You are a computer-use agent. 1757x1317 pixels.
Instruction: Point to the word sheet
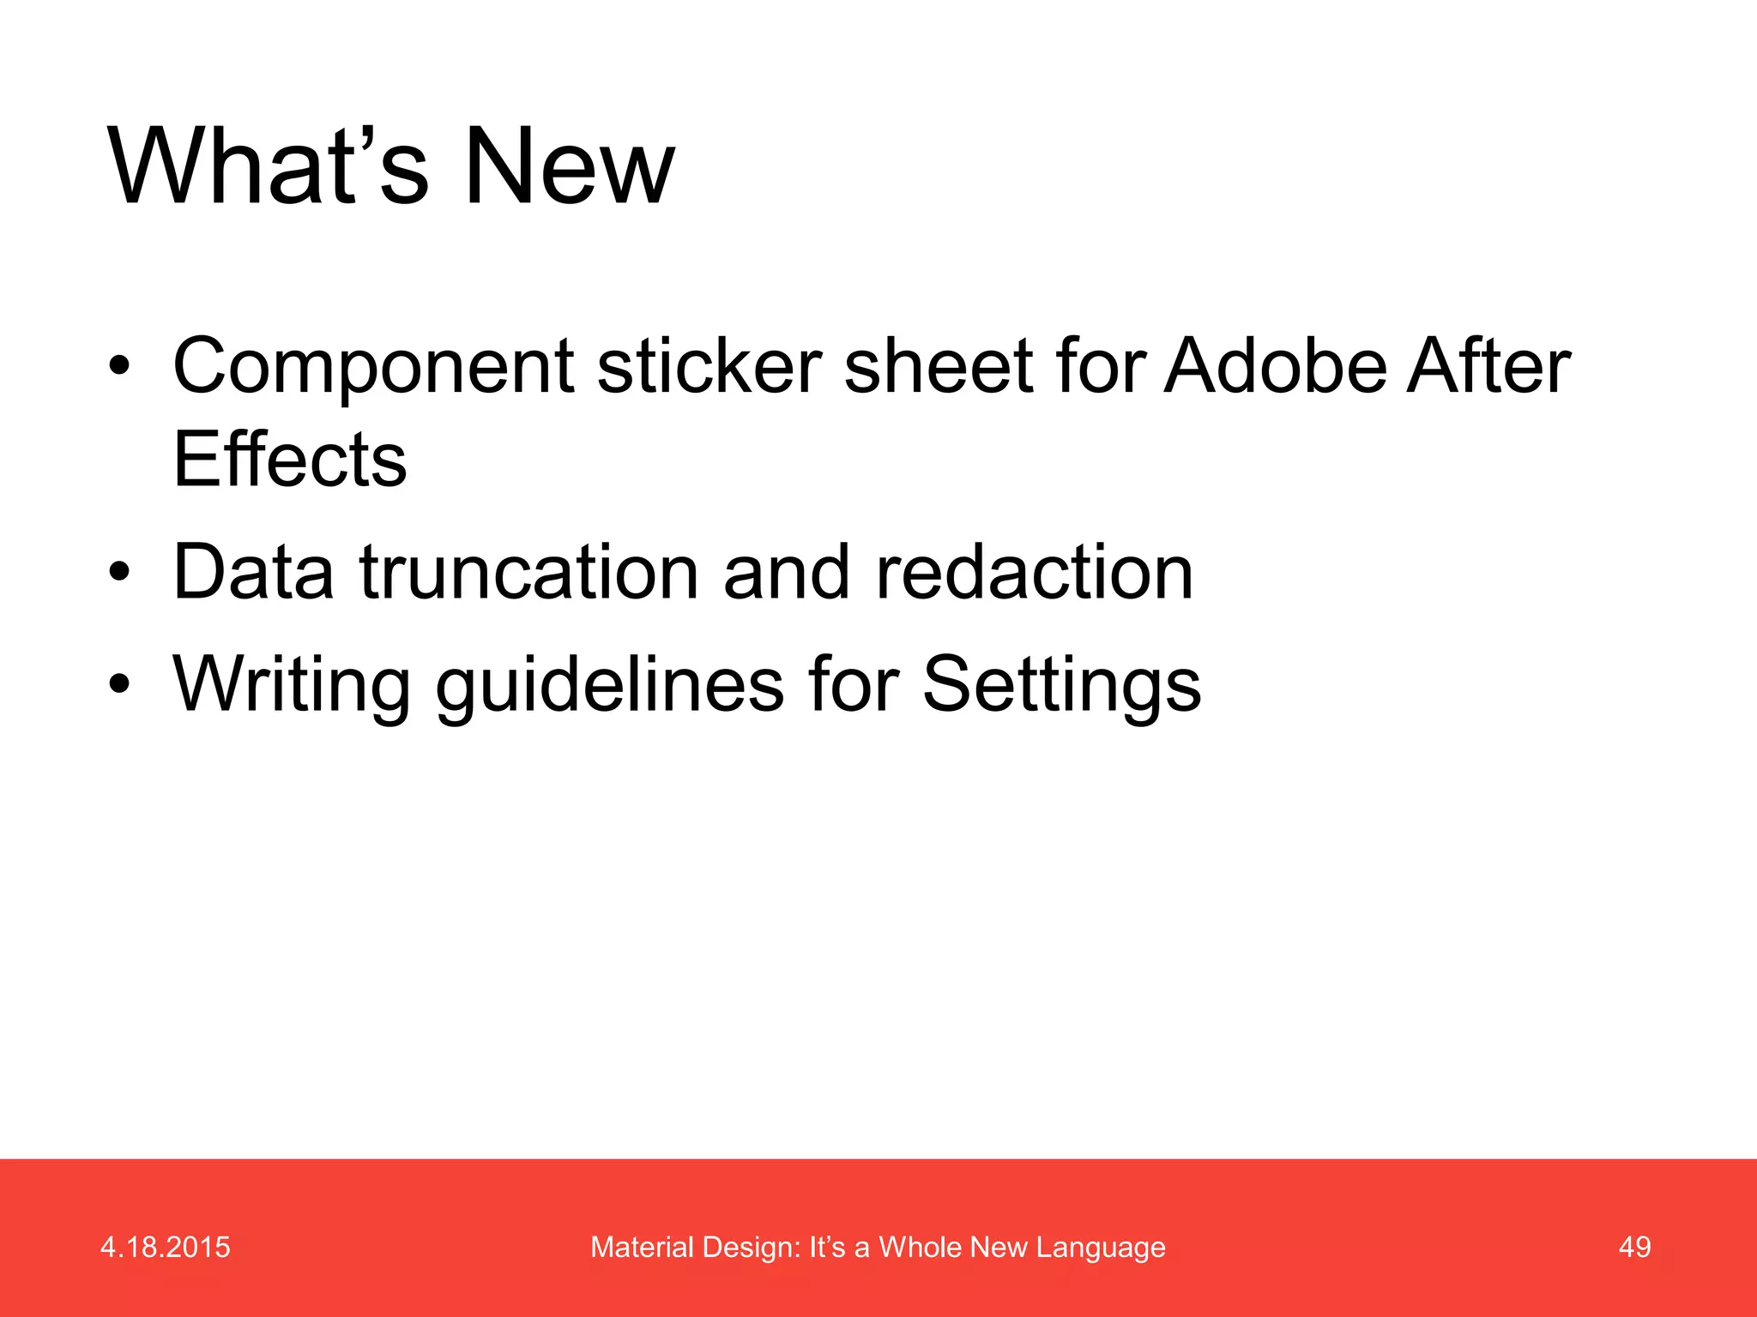tap(938, 367)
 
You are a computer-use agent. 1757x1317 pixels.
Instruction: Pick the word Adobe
tap(1274, 367)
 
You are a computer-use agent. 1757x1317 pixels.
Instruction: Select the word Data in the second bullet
tap(253, 572)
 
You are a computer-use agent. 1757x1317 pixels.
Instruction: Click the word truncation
tap(528, 572)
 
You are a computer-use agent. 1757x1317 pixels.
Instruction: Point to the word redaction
tap(1034, 572)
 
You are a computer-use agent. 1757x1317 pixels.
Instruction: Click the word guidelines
tap(609, 684)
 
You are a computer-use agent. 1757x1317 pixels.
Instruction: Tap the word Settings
tap(1061, 684)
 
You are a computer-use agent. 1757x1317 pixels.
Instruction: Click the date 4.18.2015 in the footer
tap(166, 1248)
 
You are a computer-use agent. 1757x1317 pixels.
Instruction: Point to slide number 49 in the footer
tap(1634, 1248)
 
